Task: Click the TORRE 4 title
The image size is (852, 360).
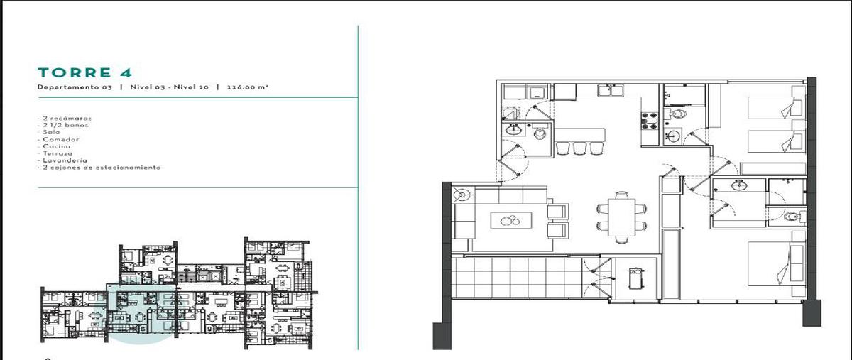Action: click(84, 72)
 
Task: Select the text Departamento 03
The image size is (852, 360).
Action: click(75, 87)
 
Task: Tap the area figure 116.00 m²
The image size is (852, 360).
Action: click(247, 87)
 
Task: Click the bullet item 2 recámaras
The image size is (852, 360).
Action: click(65, 119)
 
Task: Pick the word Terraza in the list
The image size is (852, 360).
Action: click(57, 153)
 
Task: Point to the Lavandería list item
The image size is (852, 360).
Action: click(65, 160)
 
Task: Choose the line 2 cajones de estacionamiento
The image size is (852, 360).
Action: click(99, 168)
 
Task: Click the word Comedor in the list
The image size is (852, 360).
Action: click(61, 139)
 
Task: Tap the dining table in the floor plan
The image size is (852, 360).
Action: click(621, 217)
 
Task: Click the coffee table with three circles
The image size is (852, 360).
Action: click(511, 220)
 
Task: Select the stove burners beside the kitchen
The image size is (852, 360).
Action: click(650, 121)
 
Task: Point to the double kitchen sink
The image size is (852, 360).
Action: click(611, 91)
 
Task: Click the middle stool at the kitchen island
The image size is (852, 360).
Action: click(579, 148)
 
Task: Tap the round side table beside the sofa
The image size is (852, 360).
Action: click(462, 195)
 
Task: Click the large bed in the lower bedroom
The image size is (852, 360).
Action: click(776, 263)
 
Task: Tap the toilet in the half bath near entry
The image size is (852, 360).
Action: click(540, 133)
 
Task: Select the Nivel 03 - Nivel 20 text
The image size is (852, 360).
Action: click(169, 87)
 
